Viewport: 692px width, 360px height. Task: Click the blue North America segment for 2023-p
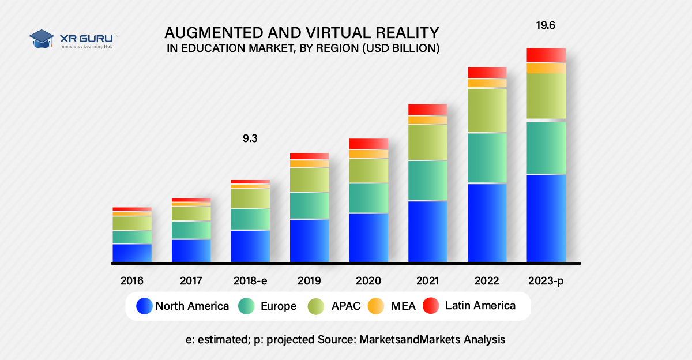[x=546, y=218]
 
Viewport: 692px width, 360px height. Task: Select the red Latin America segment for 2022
[x=487, y=73]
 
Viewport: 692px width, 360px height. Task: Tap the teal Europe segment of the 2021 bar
[x=428, y=180]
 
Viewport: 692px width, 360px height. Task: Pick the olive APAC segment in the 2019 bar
[x=309, y=179]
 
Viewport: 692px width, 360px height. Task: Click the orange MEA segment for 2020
[x=368, y=153]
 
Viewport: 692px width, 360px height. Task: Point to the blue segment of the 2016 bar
[x=132, y=253]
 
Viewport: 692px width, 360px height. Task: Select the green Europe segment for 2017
[x=191, y=230]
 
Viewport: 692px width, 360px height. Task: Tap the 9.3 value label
[x=250, y=139]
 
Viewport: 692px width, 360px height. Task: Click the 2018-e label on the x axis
[x=250, y=281]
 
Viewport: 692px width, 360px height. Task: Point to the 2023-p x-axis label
[x=546, y=281]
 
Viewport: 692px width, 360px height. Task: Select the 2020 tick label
[x=368, y=281]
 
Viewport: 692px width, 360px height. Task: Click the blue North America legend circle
[x=145, y=306]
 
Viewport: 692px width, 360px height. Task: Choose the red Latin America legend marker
[x=431, y=306]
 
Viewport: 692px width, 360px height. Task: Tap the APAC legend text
[x=345, y=306]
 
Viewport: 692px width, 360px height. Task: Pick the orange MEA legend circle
[x=376, y=306]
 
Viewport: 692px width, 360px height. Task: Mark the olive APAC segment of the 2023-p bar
[x=546, y=96]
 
